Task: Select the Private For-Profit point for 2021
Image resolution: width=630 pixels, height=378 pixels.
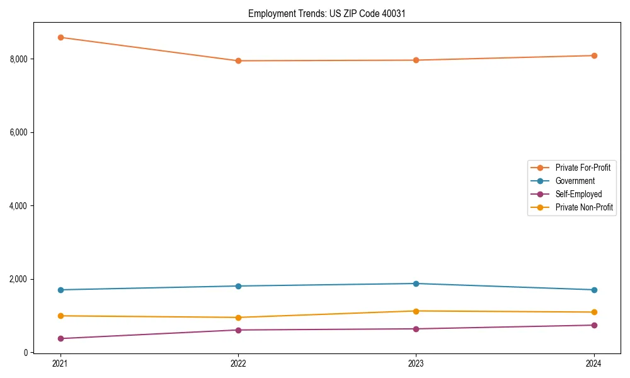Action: coord(60,37)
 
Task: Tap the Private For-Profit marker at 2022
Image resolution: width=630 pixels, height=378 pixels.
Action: coord(238,60)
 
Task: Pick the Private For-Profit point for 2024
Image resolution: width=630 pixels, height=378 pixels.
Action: coord(593,55)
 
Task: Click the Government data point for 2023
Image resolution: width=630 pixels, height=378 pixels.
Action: coord(416,283)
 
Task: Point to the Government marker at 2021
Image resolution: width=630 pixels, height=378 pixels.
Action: coord(60,290)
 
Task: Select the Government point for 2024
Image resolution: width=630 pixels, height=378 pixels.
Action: coord(593,290)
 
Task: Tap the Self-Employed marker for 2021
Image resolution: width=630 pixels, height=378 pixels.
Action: coord(60,338)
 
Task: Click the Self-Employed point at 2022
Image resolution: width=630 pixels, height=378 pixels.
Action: coord(238,330)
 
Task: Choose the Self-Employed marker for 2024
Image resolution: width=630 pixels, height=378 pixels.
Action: coord(593,325)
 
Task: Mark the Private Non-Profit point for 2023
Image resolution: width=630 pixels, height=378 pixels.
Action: coord(416,311)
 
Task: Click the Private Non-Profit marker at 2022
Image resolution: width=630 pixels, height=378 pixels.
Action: coord(238,318)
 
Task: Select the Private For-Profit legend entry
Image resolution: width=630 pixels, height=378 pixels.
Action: coord(583,168)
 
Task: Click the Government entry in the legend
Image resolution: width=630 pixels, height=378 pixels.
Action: coord(575,181)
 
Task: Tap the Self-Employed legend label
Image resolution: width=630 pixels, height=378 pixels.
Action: coord(578,194)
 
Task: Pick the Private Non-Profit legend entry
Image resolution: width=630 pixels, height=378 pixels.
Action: coord(584,207)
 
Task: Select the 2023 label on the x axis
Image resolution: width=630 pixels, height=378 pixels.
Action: coord(416,364)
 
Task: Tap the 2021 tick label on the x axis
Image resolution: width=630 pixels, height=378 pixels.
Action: coord(60,364)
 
